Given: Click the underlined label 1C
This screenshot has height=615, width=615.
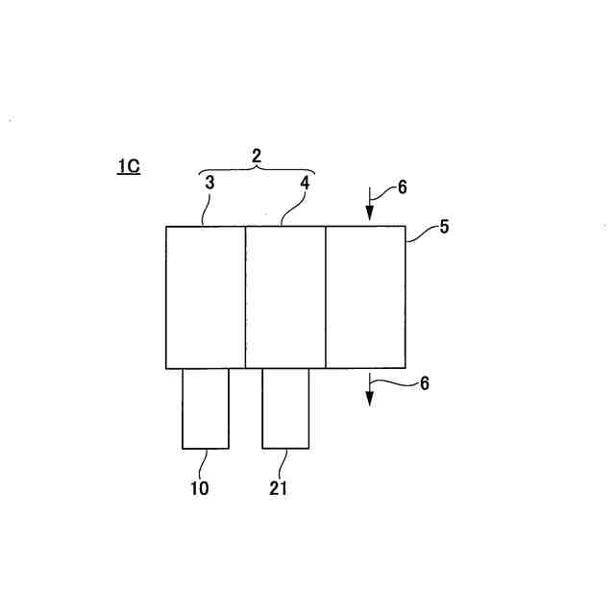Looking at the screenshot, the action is click(x=129, y=167).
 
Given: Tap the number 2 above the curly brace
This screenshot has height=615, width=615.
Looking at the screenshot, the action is click(x=257, y=155).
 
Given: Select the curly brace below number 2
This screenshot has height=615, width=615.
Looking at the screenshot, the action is click(x=257, y=171).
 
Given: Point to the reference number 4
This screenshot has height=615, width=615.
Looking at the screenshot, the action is click(x=304, y=183).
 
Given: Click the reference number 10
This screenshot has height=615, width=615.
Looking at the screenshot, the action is click(x=199, y=488).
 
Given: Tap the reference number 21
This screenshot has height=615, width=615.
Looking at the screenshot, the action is click(x=278, y=488).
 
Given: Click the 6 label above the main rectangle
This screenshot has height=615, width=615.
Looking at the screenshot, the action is click(x=402, y=187).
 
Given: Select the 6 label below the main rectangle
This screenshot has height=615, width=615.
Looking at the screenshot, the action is click(x=424, y=382).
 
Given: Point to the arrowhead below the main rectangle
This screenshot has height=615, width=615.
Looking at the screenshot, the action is click(x=370, y=396).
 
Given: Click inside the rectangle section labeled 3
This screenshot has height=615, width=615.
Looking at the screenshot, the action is click(x=206, y=297).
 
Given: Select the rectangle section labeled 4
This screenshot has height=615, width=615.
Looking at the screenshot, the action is click(x=285, y=297).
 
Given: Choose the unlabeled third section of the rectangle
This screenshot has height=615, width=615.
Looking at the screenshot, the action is click(x=365, y=297).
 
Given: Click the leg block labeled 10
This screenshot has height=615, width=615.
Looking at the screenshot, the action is click(x=206, y=408).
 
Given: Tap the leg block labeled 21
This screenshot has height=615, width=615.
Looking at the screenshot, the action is click(x=285, y=408).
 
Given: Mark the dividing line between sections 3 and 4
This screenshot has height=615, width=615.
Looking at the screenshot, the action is click(x=246, y=297).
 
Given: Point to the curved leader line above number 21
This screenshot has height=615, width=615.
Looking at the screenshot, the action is click(x=283, y=463).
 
